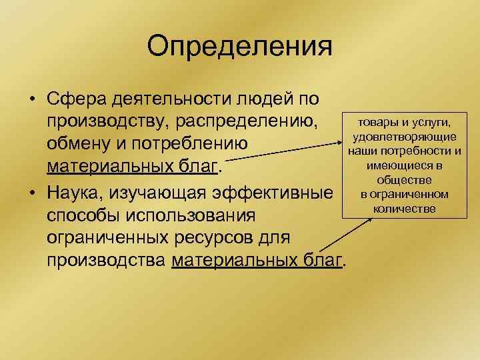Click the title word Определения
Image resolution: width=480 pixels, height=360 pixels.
239,47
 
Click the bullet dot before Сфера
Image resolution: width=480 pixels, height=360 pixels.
31,101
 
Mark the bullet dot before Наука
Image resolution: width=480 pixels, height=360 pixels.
31,194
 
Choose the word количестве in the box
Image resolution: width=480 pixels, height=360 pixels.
405,209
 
